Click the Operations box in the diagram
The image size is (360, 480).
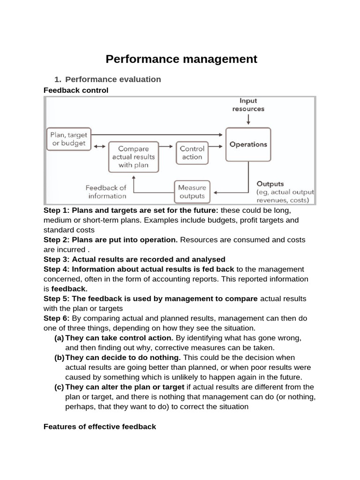click(248, 144)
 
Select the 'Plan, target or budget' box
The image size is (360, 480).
click(69, 139)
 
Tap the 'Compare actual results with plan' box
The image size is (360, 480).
click(134, 157)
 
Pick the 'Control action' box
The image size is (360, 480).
click(192, 153)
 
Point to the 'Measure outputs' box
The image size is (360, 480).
click(192, 192)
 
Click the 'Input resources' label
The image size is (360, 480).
click(248, 105)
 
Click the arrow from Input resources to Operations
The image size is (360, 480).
click(248, 119)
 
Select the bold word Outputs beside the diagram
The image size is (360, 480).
click(270, 184)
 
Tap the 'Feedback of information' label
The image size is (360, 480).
click(106, 192)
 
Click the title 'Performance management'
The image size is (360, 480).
click(181, 59)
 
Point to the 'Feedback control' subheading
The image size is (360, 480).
click(76, 90)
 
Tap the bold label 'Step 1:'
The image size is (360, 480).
click(56, 210)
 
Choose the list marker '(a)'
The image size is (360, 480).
click(59, 338)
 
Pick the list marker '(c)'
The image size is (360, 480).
click(59, 387)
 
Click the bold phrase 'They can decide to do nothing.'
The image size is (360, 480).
click(123, 358)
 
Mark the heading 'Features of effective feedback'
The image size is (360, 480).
click(99, 427)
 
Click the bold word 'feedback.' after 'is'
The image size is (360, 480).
click(69, 289)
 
